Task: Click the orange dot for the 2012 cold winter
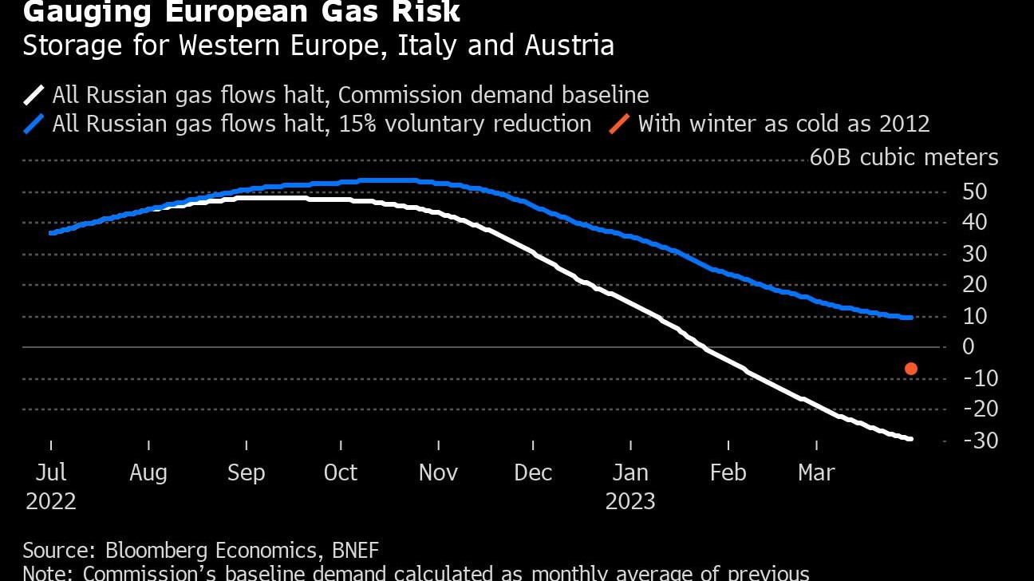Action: tap(910, 369)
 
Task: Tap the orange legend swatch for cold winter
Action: tap(619, 125)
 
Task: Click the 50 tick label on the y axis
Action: tap(976, 192)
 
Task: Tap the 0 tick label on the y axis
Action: tap(969, 346)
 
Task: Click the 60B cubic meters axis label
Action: tap(904, 157)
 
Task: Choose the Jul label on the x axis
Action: tap(51, 472)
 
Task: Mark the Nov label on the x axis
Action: tap(438, 472)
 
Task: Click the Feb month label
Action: tap(728, 472)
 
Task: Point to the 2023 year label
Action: tap(630, 501)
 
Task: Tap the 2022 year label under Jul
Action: tap(51, 501)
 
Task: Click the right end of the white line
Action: tap(910, 439)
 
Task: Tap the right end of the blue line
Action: tap(910, 318)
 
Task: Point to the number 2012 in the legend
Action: tap(902, 124)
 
